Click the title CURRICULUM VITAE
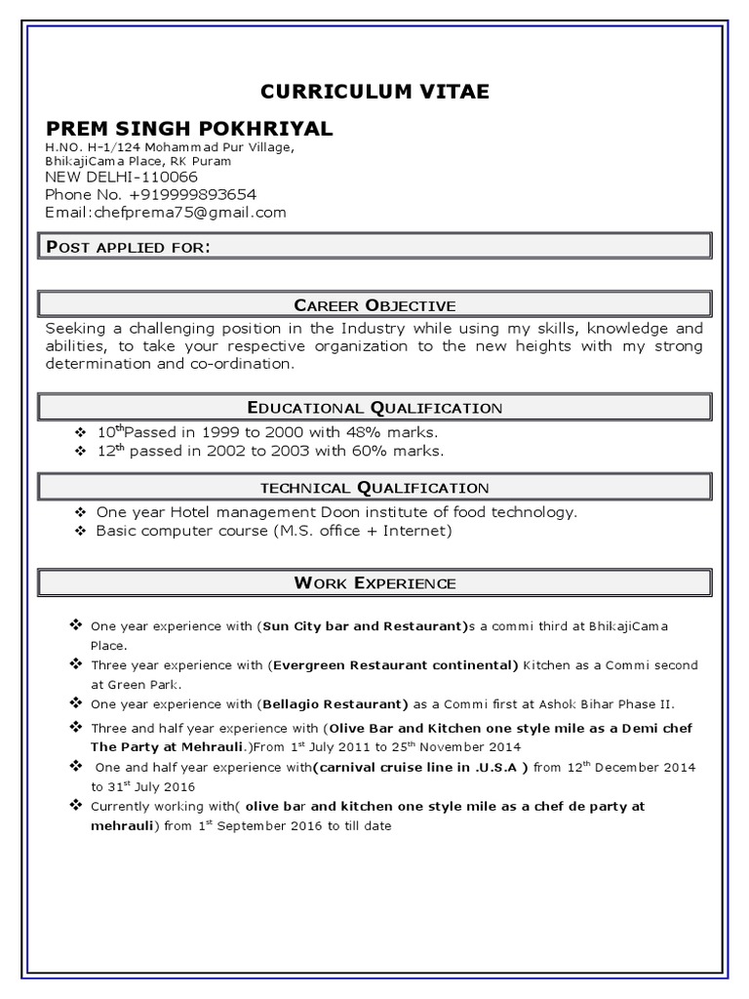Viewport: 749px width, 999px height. point(374,92)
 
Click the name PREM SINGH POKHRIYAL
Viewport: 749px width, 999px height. point(188,129)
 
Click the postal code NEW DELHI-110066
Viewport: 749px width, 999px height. point(121,177)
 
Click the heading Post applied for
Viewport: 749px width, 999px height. point(128,247)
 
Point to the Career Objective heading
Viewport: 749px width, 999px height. point(374,304)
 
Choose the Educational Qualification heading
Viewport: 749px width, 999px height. point(374,407)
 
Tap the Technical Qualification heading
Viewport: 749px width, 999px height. point(374,487)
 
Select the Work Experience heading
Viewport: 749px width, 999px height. point(374,583)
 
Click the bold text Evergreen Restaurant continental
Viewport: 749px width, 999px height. point(393,665)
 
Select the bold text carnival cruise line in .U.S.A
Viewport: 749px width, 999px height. point(420,768)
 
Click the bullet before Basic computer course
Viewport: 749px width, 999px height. point(80,531)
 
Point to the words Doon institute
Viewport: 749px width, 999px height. point(365,511)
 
